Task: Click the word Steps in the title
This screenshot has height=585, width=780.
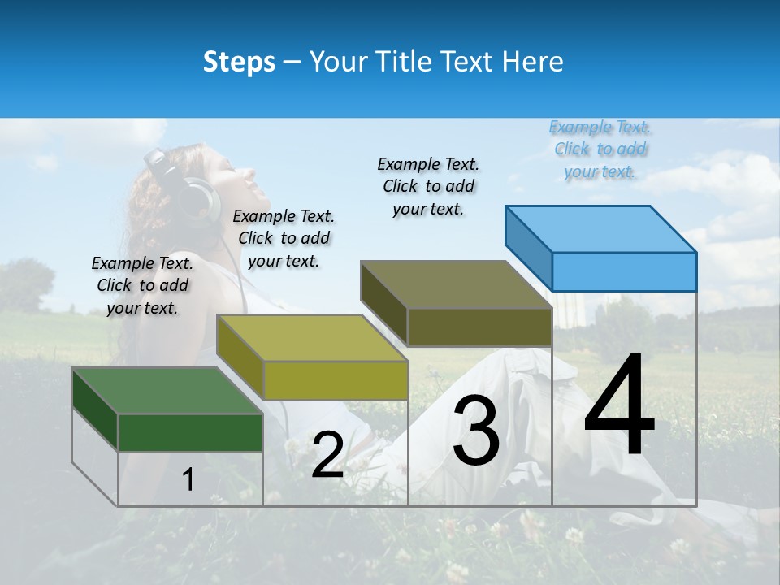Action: (x=239, y=62)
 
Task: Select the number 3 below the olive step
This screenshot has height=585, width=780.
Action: (x=476, y=431)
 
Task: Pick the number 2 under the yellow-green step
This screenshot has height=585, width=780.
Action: (x=327, y=455)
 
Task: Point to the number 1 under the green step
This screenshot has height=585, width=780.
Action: (x=188, y=479)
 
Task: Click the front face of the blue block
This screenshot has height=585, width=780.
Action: (x=624, y=271)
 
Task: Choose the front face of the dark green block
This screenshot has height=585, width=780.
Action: (x=190, y=432)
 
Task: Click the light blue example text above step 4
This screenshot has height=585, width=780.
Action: (x=600, y=149)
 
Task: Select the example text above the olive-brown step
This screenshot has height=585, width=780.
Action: (x=428, y=186)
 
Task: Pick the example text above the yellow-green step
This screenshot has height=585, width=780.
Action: (x=284, y=238)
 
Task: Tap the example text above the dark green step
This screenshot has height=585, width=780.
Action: (x=142, y=285)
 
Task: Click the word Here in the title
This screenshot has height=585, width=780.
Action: (x=532, y=62)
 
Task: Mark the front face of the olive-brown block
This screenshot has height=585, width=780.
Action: (x=479, y=327)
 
